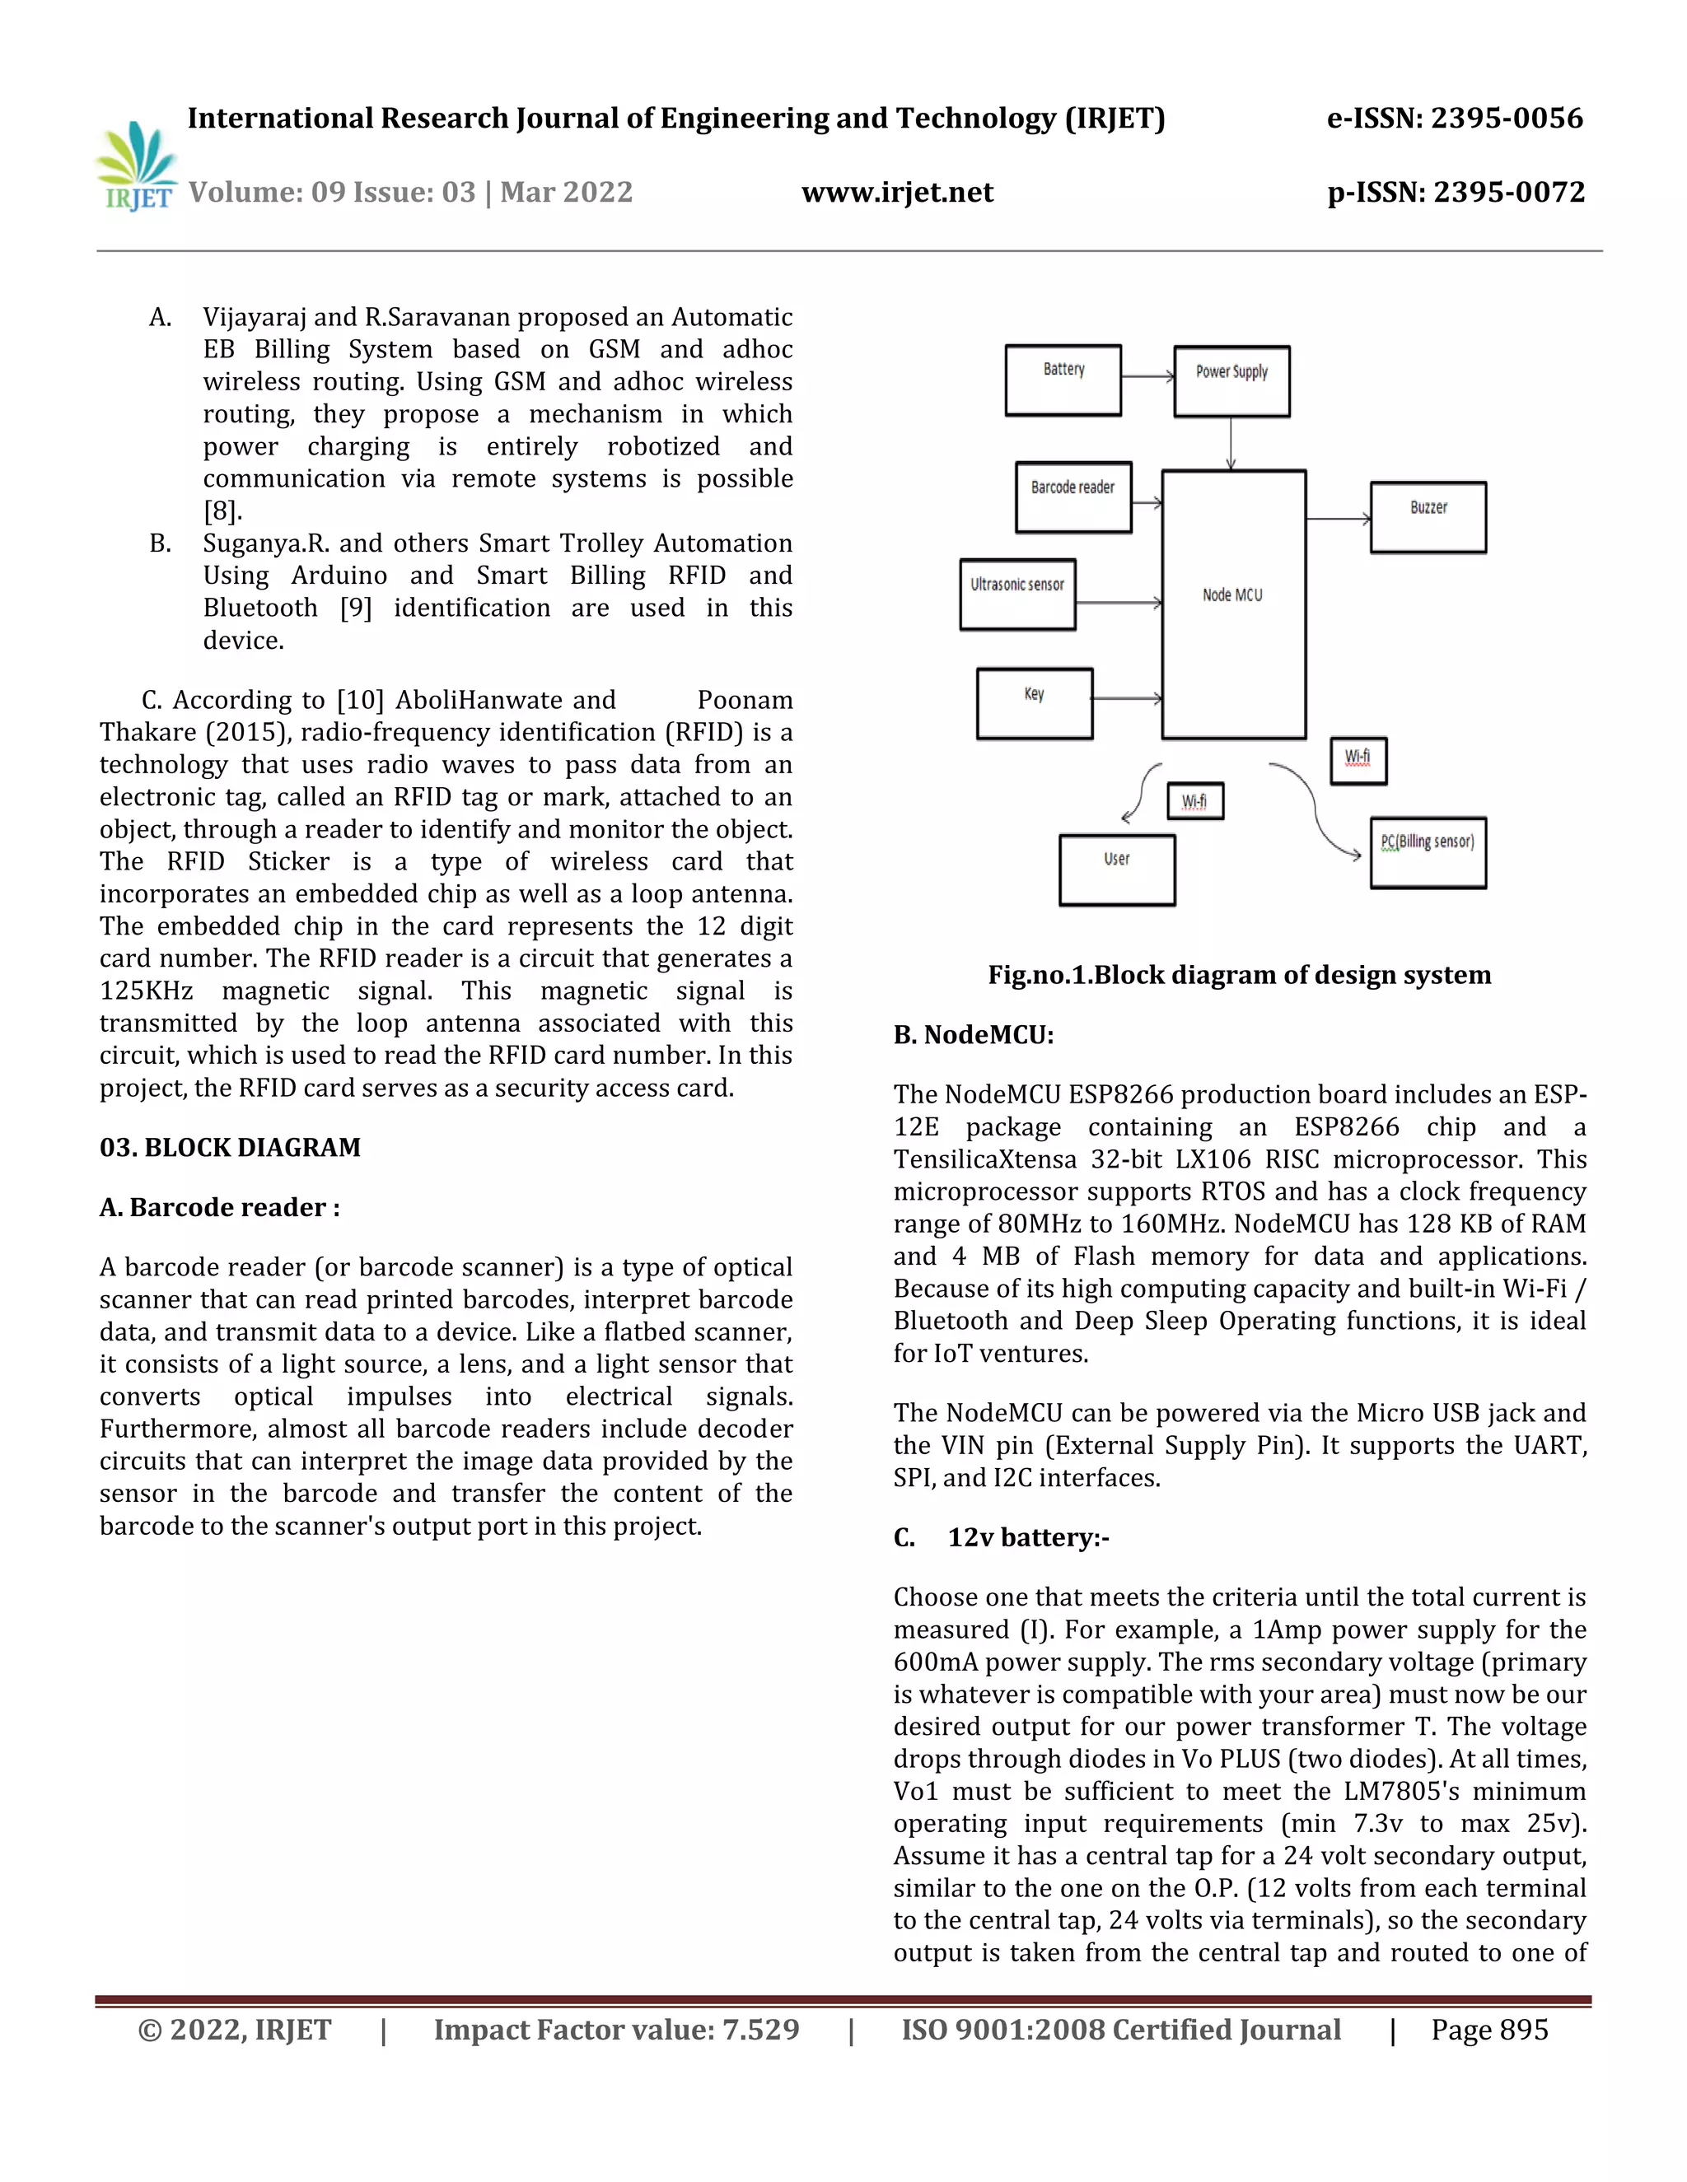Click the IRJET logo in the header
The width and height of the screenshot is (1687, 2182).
pyautogui.click(x=137, y=166)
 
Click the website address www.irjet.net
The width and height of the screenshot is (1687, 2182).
pyautogui.click(x=896, y=192)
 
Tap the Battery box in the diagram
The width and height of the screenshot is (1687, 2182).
pyautogui.click(x=1063, y=380)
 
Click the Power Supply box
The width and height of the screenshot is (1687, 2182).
pyautogui.click(x=1231, y=380)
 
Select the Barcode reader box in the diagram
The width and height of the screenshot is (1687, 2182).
pyautogui.click(x=1072, y=497)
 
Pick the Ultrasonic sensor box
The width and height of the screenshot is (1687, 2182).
pyautogui.click(x=1017, y=594)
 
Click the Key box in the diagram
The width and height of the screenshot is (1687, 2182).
pyautogui.click(x=1035, y=703)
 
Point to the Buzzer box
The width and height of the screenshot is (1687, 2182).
pyautogui.click(x=1428, y=516)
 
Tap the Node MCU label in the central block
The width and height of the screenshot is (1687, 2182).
pyautogui.click(x=1232, y=595)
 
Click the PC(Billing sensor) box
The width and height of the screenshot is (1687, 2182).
pyautogui.click(x=1428, y=852)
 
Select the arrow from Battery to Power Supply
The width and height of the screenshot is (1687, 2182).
pyautogui.click(x=1147, y=376)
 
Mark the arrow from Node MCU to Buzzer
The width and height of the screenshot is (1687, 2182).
pyautogui.click(x=1337, y=519)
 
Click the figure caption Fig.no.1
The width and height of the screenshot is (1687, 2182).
pyautogui.click(x=1238, y=975)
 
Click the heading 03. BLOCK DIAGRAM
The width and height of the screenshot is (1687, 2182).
pyautogui.click(x=230, y=1147)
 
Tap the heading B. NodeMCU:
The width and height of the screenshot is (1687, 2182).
pyautogui.click(x=974, y=1035)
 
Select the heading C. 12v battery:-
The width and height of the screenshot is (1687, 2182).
pyautogui.click(x=1002, y=1536)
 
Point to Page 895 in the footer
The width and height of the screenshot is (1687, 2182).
pyautogui.click(x=1489, y=2030)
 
